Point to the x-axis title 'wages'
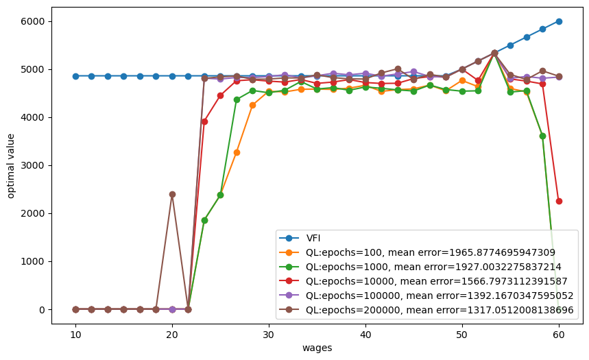click(317, 348)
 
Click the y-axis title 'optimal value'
click(12, 165)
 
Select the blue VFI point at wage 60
click(559, 21)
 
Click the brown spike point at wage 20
click(172, 194)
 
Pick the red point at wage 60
click(559, 201)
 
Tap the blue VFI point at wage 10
click(75, 76)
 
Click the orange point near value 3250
click(237, 152)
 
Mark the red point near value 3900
click(204, 121)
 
